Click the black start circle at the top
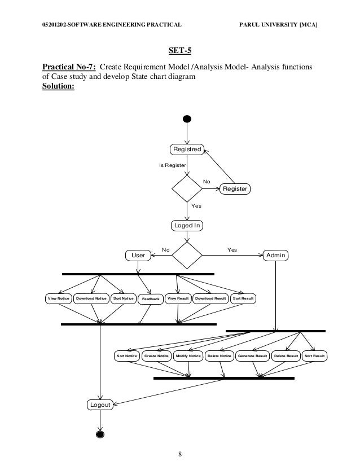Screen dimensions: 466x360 (187, 119)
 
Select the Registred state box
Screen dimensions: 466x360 (187, 150)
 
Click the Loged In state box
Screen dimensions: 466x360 (187, 226)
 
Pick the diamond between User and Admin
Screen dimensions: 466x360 (187, 256)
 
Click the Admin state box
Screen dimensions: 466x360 (276, 256)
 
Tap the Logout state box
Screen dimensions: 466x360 (100, 404)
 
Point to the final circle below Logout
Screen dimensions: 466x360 (100, 434)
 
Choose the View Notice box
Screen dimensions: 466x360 (58, 298)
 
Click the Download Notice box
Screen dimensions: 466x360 (91, 298)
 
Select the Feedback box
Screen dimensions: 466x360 (151, 298)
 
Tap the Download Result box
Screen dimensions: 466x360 (210, 298)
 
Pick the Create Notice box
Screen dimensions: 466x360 (156, 357)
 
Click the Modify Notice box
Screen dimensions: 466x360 (188, 357)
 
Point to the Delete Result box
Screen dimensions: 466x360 (286, 357)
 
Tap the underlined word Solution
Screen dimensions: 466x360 (58, 86)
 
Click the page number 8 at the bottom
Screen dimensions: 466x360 (179, 454)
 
